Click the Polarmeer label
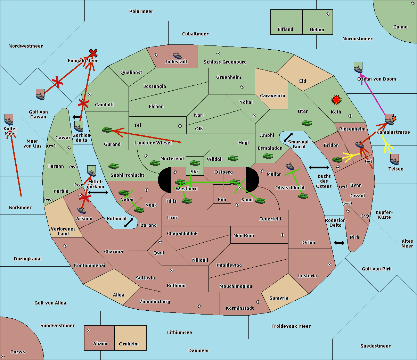[x=141, y=11]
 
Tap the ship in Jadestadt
[x=177, y=56]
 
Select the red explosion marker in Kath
[x=336, y=100]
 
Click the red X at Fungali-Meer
[x=93, y=53]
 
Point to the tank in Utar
[x=306, y=123]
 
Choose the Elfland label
[x=285, y=30]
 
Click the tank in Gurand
[x=107, y=129]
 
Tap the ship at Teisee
[x=394, y=160]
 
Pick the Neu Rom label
[x=244, y=236]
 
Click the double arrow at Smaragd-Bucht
[x=288, y=137]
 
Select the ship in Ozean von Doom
[x=358, y=67]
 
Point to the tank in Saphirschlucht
[x=113, y=166]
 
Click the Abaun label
[x=100, y=344]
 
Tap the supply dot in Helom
[x=327, y=14]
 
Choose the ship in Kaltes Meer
[x=9, y=120]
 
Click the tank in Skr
[x=195, y=162]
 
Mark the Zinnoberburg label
[x=155, y=302]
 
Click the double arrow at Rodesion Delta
[x=339, y=243]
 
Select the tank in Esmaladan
[x=268, y=156]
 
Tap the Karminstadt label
[x=240, y=308]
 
